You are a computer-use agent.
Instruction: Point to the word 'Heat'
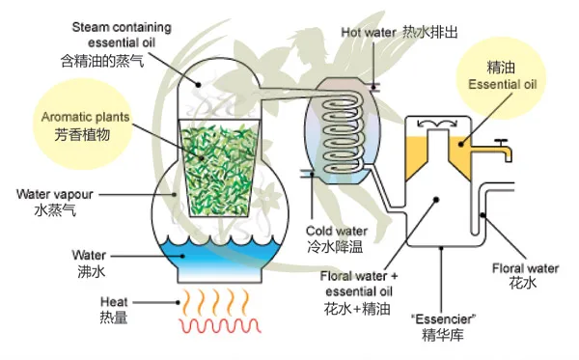pos(114,300)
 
